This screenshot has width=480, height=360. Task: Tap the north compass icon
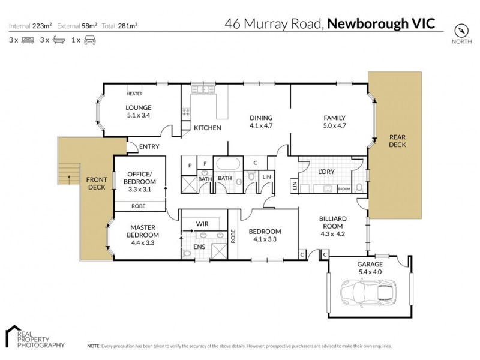pos(460,30)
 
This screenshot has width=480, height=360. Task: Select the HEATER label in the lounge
pos(134,94)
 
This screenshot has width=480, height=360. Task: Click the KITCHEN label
pos(208,128)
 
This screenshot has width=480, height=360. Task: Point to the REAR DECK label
pos(397,140)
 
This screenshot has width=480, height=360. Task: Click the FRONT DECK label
pos(97,183)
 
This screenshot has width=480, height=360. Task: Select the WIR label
pos(202,224)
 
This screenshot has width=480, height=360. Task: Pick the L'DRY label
pos(326,172)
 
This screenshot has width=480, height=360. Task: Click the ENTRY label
pos(149,146)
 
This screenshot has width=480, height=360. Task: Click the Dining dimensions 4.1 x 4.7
pos(261,126)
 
